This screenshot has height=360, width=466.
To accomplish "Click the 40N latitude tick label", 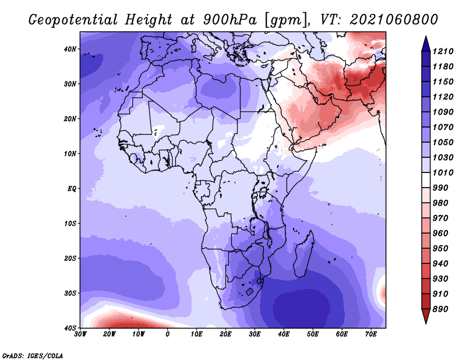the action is click(70, 49).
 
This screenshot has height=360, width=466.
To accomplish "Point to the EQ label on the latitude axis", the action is click(72, 189).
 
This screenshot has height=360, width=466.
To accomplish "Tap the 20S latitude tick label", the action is click(70, 258).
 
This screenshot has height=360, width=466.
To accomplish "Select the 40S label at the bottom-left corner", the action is click(70, 328).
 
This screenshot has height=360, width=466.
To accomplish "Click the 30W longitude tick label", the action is click(80, 334).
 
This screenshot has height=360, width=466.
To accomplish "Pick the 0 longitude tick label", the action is click(168, 334).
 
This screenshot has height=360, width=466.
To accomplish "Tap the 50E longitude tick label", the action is click(313, 334).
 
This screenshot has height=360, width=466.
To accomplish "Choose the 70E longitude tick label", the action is click(371, 334).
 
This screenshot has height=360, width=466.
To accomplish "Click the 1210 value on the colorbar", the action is click(443, 51).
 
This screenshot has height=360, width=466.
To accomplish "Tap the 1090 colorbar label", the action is click(443, 112).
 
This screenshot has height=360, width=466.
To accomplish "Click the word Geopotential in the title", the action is click(73, 20).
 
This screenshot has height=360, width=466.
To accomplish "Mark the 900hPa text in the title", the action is click(230, 20).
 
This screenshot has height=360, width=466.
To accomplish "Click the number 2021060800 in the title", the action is click(394, 20).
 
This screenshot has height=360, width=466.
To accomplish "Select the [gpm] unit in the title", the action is click(285, 20).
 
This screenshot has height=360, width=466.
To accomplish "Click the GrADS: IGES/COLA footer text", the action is click(33, 356).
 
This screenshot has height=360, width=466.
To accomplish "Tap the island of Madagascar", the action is click(303, 256).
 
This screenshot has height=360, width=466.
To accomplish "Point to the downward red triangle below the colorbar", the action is click(426, 316).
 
